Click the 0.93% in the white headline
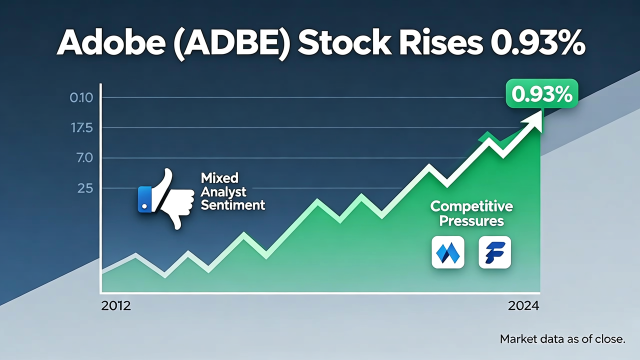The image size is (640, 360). (537, 43)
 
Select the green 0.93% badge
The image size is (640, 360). (541, 93)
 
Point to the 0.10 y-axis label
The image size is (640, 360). (81, 97)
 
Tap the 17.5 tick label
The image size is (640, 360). (81, 128)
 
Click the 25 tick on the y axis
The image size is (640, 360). (85, 188)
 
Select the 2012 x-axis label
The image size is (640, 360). (116, 306)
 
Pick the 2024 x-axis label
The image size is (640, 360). (523, 306)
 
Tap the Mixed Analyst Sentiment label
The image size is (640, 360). (232, 191)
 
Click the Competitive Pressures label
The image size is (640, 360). (471, 213)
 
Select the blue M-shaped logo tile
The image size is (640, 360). (448, 252)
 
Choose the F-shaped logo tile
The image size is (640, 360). (494, 252)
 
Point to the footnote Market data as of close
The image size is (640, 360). (562, 339)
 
